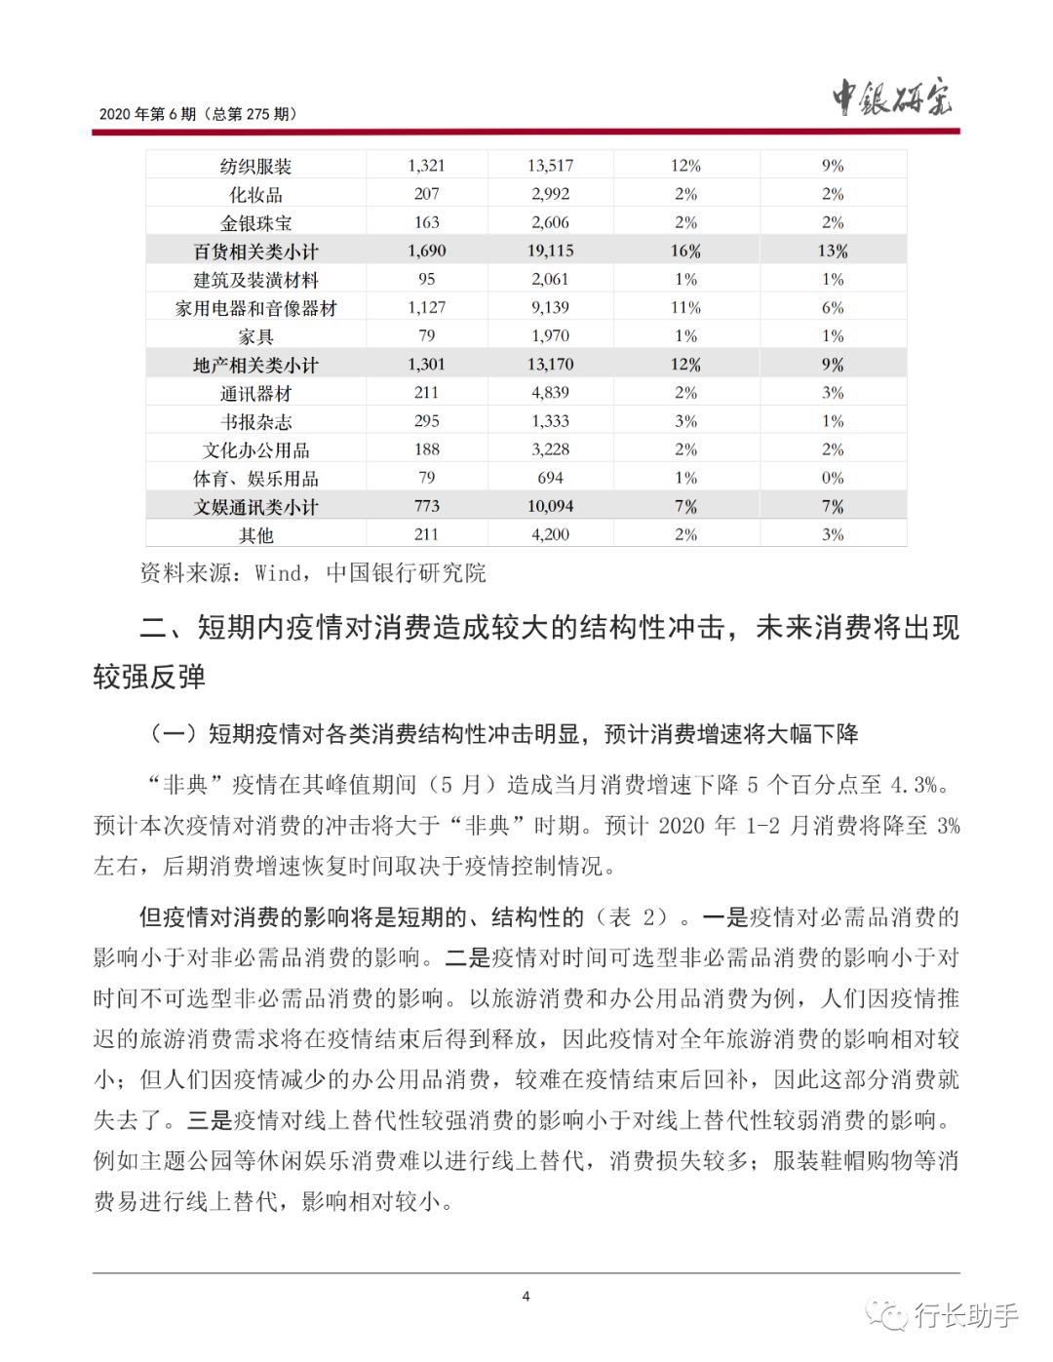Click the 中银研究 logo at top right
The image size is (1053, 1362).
(891, 97)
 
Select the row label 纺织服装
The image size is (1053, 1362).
(255, 167)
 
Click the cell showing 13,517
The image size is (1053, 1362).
(550, 166)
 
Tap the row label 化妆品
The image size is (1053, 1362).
(255, 195)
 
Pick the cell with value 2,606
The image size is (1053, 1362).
(550, 222)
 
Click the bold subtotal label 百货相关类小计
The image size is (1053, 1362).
(255, 252)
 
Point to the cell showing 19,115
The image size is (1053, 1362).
(550, 251)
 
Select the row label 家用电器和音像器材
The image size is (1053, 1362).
(255, 308)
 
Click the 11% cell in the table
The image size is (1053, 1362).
(685, 307)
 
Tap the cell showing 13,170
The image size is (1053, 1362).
(550, 365)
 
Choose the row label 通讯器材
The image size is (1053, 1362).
(255, 394)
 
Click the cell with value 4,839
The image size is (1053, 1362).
(550, 393)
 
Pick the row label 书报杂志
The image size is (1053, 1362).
(255, 422)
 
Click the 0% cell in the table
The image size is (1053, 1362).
(832, 478)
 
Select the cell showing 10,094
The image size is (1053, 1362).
(550, 507)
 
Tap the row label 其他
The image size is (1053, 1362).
(255, 535)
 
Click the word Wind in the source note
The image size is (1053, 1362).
(278, 573)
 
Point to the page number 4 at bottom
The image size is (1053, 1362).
(526, 1296)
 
